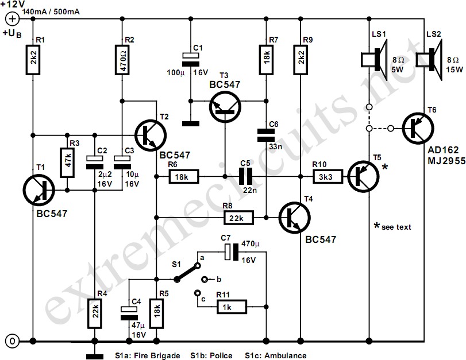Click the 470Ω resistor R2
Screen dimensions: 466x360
point(122,60)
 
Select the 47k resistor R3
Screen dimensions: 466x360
point(67,162)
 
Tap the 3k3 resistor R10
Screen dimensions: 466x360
point(328,177)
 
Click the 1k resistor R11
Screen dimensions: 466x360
point(231,307)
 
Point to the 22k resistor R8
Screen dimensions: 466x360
point(238,218)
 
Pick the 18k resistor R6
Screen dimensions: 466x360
point(184,177)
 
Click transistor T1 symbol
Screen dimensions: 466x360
point(39,191)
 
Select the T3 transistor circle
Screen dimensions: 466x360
point(225,107)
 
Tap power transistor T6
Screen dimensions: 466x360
point(418,129)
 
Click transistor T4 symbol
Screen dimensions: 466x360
point(295,218)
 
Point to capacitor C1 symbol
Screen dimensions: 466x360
point(191,59)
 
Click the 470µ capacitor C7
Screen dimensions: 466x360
point(232,252)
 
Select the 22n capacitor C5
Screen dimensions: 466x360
point(246,177)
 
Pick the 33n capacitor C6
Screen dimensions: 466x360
point(266,135)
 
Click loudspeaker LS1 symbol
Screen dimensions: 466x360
point(374,60)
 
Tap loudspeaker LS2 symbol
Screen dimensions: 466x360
point(429,60)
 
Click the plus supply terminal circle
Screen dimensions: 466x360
point(12,19)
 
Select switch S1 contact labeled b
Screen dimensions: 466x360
point(205,279)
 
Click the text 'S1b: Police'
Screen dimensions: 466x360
point(211,355)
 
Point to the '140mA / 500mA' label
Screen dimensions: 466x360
point(51,12)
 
